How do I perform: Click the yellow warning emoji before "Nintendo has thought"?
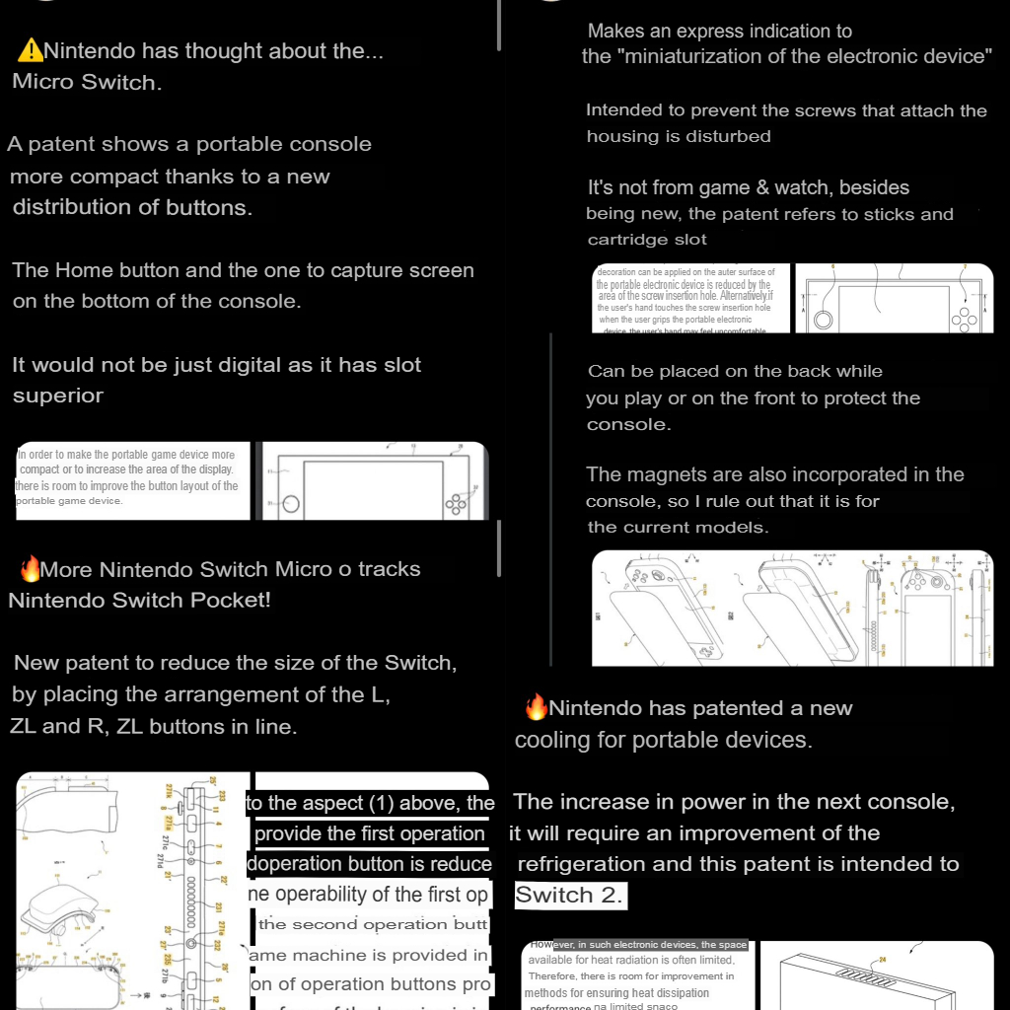[x=31, y=50]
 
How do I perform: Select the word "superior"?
[x=58, y=396]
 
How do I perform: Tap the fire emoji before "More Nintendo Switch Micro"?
[x=31, y=569]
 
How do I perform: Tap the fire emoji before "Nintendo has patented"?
[x=536, y=707]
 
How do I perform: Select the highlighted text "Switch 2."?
[x=569, y=896]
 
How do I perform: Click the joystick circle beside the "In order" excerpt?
[x=291, y=504]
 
